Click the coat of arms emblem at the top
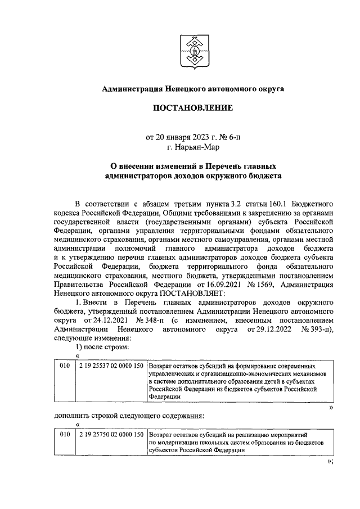193,50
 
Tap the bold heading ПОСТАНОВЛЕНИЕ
192,108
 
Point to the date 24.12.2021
111,320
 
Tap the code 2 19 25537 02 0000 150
111,366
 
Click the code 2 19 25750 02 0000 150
111,435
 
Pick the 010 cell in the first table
65,366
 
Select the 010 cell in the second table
65,435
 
